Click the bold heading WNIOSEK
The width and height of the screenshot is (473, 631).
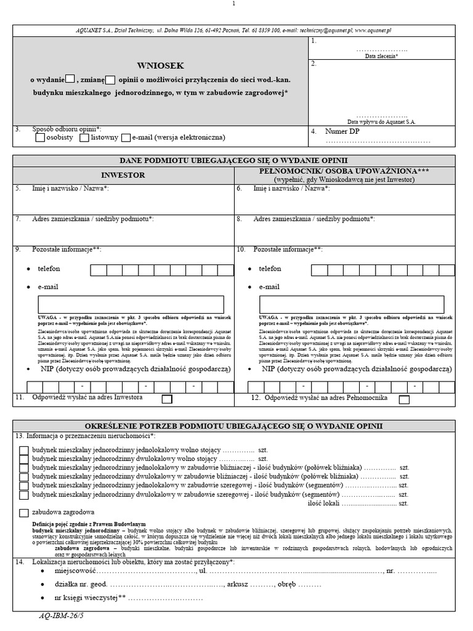tap(160, 65)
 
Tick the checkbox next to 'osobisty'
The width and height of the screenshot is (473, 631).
tap(40, 138)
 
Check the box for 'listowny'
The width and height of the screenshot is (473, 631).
tap(85, 138)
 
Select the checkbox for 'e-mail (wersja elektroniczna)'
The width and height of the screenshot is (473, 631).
tap(126, 138)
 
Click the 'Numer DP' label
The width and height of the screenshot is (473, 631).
tap(342, 132)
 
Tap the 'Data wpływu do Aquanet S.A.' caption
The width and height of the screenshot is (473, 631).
tap(382, 122)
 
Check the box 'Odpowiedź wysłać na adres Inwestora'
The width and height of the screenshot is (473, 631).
tap(166, 399)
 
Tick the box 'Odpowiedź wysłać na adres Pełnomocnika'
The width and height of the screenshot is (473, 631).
tap(404, 399)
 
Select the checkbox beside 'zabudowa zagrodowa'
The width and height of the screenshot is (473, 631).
tap(23, 513)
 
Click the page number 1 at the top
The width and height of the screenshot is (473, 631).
tap(234, 5)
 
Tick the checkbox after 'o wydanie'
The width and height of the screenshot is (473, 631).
tap(70, 78)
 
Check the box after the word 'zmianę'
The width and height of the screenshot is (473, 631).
tap(110, 79)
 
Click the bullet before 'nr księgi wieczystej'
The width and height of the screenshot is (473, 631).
tap(41, 598)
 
